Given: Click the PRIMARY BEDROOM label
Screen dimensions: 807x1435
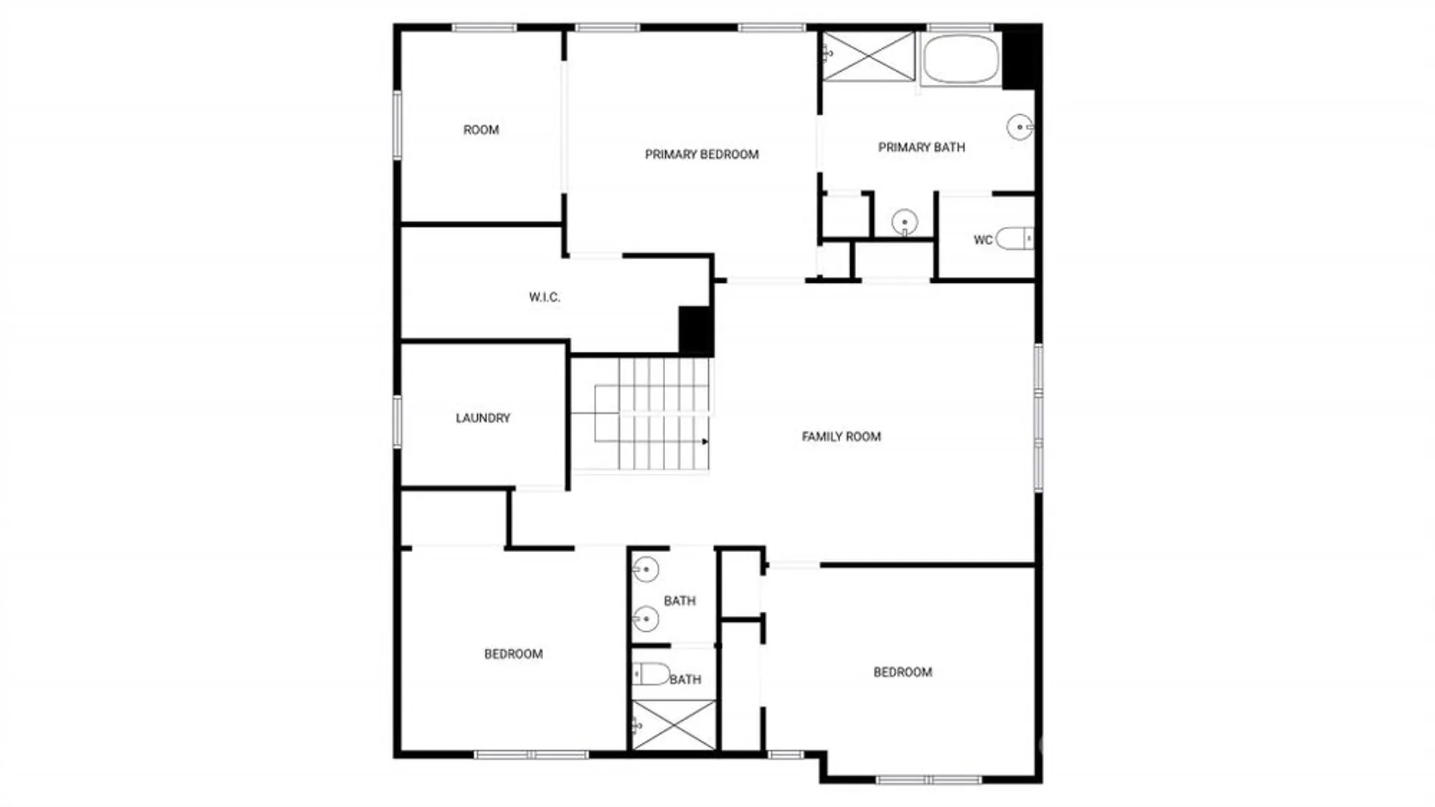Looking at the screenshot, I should click(701, 154).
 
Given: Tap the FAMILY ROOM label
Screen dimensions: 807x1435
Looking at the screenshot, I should click(841, 437).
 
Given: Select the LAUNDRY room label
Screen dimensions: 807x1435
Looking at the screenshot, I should click(483, 418).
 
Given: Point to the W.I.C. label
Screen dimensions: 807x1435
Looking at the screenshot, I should click(545, 297).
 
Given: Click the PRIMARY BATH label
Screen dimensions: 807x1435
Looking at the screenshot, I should click(921, 147).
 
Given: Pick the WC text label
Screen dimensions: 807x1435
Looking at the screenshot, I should click(982, 240).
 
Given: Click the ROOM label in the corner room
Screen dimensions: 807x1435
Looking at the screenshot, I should click(481, 130).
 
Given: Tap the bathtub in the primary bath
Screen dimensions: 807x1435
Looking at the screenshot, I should click(961, 59).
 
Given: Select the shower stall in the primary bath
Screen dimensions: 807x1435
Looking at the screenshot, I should click(869, 56).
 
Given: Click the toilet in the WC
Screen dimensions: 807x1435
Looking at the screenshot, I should click(1014, 238).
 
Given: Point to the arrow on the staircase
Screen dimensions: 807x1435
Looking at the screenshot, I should click(705, 442).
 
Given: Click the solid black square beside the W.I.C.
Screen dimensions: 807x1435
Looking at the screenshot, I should click(695, 331).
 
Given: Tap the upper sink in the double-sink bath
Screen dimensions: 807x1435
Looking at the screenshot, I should click(645, 569).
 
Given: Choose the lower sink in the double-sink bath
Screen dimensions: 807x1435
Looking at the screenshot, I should click(645, 618).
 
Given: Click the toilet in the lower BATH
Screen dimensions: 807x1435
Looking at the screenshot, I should click(651, 674).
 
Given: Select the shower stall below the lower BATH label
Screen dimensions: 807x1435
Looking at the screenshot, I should click(673, 726).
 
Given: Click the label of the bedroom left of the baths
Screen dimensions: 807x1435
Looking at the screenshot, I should click(513, 654).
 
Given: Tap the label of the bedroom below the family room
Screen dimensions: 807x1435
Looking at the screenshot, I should click(902, 672).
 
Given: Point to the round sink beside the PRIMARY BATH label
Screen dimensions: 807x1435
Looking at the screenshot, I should click(1019, 127).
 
